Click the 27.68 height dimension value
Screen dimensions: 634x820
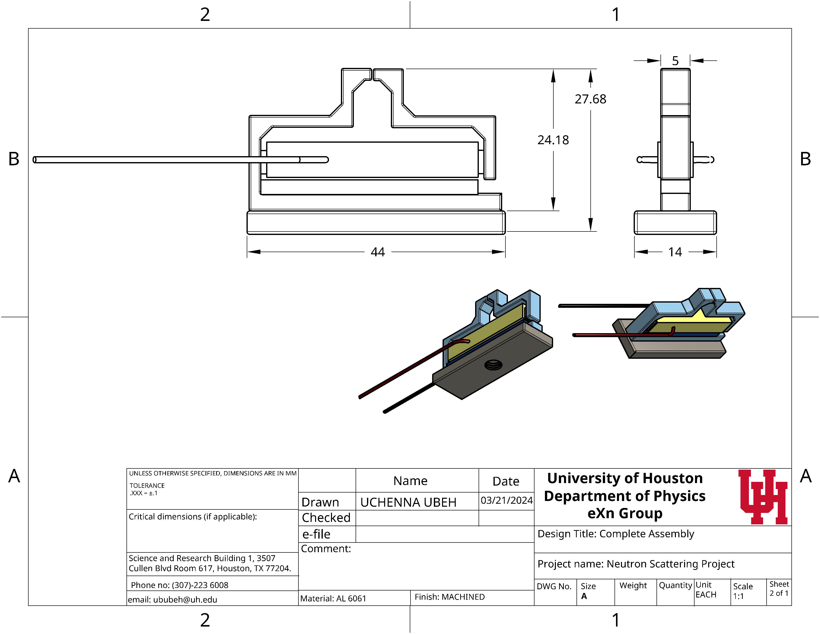click(590, 99)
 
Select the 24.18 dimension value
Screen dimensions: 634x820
click(553, 140)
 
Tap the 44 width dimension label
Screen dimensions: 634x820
click(378, 252)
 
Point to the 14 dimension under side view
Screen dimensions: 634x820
click(675, 252)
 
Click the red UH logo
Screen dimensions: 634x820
click(763, 497)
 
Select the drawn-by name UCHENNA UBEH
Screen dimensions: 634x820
click(408, 502)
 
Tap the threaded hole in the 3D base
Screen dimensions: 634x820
click(493, 364)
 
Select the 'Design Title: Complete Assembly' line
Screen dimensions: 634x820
click(616, 534)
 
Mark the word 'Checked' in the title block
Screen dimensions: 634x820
click(326, 518)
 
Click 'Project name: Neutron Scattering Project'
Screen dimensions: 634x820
click(636, 564)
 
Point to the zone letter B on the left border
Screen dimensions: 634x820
click(14, 159)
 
